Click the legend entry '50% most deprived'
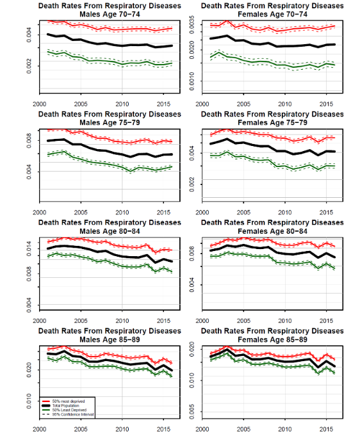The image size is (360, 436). [x=64, y=400]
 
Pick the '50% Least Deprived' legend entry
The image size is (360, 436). [x=64, y=410]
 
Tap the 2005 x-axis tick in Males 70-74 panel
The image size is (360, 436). [x=81, y=105]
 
